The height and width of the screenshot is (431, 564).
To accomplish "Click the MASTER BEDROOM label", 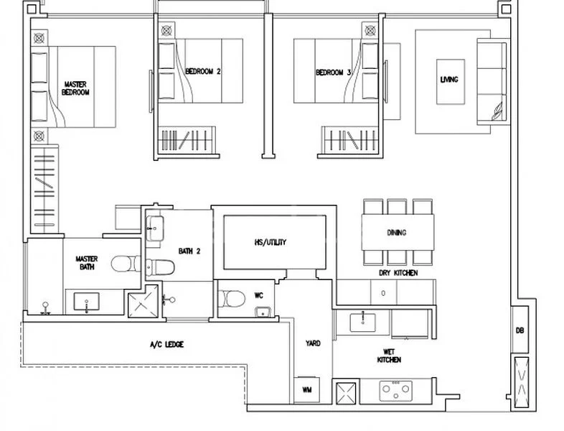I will click(75, 88).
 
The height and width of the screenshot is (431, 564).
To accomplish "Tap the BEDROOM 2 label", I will click(202, 72).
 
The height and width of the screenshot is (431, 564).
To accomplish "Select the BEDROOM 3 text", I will click(334, 72).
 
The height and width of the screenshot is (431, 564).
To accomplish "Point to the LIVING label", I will click(448, 80).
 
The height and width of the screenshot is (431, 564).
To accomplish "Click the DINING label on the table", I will click(396, 232).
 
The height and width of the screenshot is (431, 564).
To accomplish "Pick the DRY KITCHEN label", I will click(399, 274).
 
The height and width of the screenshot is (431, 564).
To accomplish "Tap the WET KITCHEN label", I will click(392, 356).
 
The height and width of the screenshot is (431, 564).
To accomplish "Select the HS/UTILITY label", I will click(271, 242).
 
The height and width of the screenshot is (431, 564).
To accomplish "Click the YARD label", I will click(313, 344).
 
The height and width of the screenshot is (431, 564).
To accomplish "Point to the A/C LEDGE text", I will click(166, 345).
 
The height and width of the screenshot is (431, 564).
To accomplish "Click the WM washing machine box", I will click(307, 390).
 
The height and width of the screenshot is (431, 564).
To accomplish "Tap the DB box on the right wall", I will click(520, 331).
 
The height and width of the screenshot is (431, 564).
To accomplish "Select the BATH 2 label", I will click(189, 251).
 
